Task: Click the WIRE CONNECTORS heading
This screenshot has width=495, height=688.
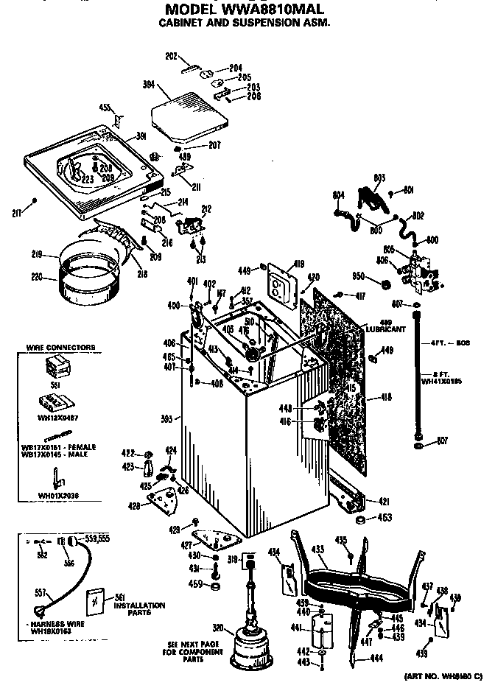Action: tap(61, 346)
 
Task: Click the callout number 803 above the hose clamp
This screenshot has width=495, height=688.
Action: tap(379, 178)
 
